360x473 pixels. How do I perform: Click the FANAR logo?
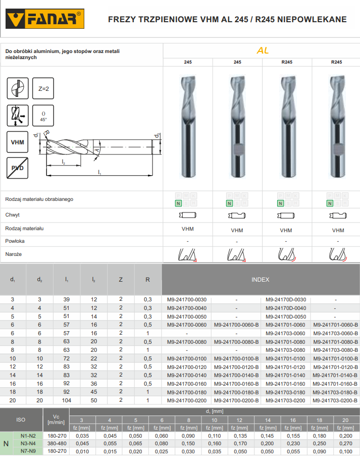tap(44, 19)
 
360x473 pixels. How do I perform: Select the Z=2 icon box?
tap(43, 88)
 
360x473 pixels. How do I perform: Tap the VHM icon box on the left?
tap(18, 142)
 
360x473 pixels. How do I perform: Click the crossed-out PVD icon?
tap(18, 168)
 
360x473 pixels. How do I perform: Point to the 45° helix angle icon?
tap(43, 116)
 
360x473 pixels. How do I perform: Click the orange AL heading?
tap(263, 50)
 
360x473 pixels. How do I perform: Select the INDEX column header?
tap(261, 280)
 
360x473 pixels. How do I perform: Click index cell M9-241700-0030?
tap(187, 299)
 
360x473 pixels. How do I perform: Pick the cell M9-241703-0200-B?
tap(335, 401)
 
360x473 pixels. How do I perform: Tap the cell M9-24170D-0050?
tap(286, 317)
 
